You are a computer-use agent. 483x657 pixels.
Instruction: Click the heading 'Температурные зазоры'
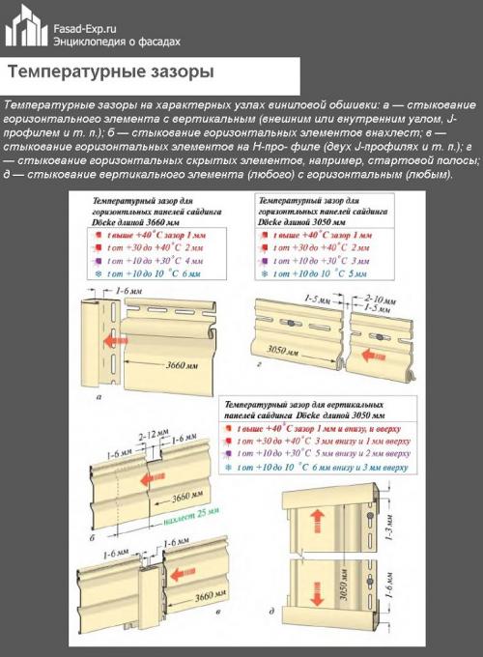(x=110, y=72)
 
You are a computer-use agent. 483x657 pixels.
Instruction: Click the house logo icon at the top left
(x=25, y=27)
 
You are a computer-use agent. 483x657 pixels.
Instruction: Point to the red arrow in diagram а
(x=117, y=340)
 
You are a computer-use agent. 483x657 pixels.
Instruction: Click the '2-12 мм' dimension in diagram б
(x=150, y=437)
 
